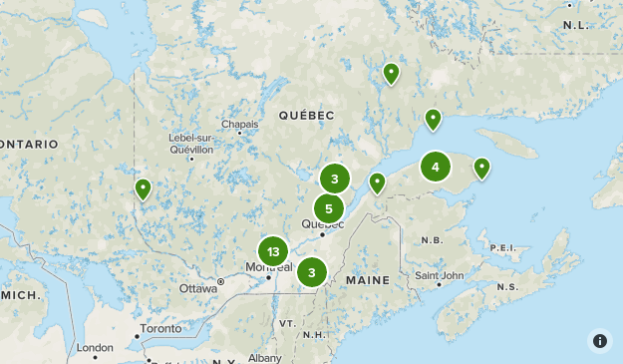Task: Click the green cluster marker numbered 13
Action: (x=273, y=251)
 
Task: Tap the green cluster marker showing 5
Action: (x=329, y=208)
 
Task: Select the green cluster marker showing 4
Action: (x=436, y=167)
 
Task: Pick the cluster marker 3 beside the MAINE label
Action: (x=312, y=271)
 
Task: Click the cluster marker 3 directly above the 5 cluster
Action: (x=335, y=180)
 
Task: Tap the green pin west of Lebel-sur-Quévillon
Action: (x=143, y=188)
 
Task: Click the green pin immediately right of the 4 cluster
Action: (x=481, y=168)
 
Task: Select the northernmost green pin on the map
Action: (x=392, y=73)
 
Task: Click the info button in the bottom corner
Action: (x=600, y=341)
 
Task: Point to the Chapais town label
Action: (x=239, y=125)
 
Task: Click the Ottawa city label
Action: (x=198, y=288)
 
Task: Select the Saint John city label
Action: (x=439, y=275)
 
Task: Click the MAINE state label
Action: (x=368, y=281)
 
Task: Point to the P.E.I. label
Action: (x=504, y=246)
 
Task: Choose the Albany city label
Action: (x=265, y=357)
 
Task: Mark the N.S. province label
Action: (x=506, y=287)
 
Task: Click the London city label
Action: (x=96, y=347)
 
